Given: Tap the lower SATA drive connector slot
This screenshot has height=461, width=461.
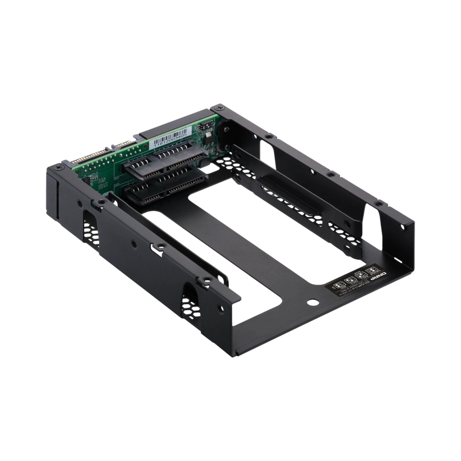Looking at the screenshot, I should pos(161,188).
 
